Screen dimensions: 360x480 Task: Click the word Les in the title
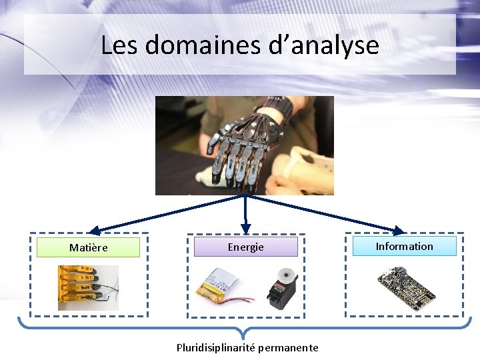119,45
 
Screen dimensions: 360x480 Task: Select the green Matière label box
88,247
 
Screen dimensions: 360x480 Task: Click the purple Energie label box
245,247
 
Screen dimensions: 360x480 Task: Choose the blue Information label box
404,246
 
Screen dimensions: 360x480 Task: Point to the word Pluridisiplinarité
215,347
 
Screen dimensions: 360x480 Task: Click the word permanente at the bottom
288,347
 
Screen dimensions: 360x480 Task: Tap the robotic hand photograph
244,145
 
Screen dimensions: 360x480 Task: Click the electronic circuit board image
405,287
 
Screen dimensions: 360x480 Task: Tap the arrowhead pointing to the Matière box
95,230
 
